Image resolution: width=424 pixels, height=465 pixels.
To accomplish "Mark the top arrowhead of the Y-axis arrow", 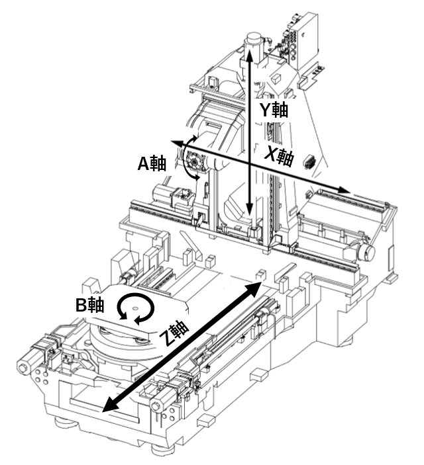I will coord(249,54).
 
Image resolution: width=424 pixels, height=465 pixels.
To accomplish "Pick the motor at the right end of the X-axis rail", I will coord(365,252).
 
